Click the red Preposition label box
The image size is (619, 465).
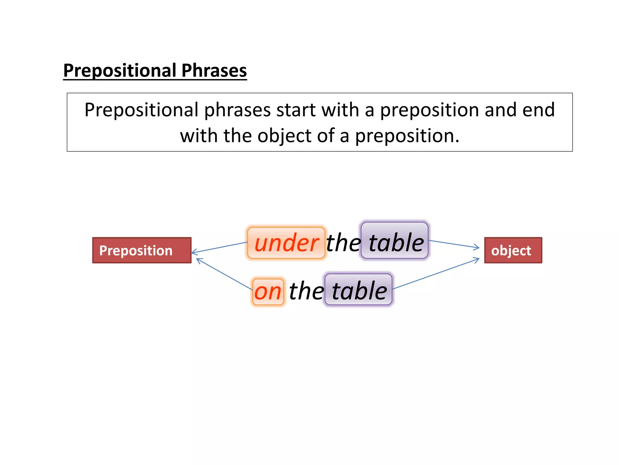(142, 250)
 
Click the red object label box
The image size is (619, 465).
(513, 250)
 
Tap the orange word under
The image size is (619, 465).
(286, 243)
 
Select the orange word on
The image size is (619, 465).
(268, 292)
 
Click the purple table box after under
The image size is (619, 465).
(395, 241)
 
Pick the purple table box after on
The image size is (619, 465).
(358, 290)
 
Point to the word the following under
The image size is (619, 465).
(343, 243)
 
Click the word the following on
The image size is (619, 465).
(306, 291)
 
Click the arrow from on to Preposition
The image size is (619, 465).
(224, 274)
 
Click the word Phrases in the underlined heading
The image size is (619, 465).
(214, 71)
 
